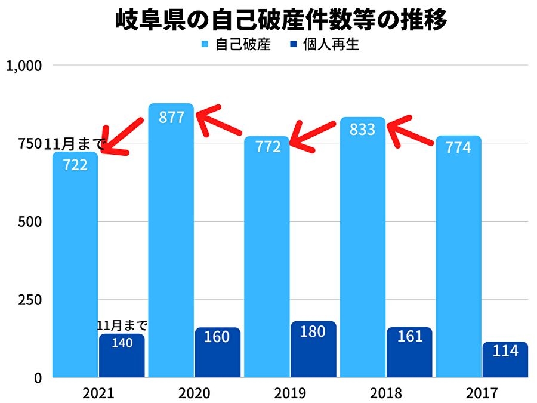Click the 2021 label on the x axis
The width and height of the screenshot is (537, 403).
click(98, 393)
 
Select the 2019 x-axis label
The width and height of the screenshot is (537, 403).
click(291, 393)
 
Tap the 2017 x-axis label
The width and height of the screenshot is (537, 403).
click(482, 393)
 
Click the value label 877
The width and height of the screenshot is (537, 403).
click(171, 117)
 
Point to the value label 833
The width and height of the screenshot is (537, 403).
click(363, 130)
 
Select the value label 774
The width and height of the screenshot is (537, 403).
click(458, 147)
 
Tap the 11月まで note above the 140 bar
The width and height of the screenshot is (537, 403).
click(122, 326)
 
